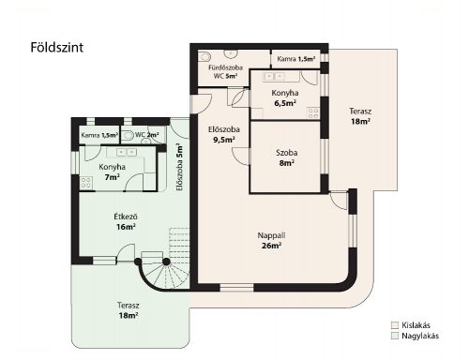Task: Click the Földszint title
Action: coord(57,48)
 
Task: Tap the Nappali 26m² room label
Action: coord(271,241)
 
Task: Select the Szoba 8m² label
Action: coord(287,157)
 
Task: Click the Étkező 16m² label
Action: coord(126,221)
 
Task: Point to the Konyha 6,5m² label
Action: coord(285,97)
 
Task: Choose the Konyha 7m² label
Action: coord(113,172)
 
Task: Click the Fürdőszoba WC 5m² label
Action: coord(225,71)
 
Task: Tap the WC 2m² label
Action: coord(147,135)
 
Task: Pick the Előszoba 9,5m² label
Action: coord(224,134)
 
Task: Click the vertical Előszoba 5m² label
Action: coord(179,167)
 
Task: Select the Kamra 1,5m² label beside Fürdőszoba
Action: coord(295,59)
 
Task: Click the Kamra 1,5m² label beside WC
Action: coord(99,135)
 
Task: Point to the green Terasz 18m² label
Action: coord(129,310)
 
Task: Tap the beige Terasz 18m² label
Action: coord(360,116)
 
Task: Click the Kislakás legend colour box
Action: coord(395,325)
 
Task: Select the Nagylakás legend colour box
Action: coord(395,336)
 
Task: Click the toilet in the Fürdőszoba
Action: coord(204,56)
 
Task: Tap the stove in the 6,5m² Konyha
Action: coord(313,112)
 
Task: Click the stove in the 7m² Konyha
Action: coord(86,183)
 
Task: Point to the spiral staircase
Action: coord(164,269)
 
